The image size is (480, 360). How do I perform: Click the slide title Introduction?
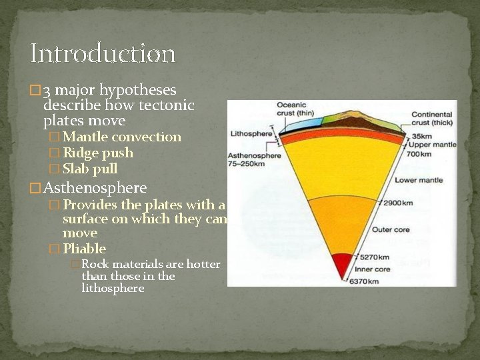[x=102, y=53]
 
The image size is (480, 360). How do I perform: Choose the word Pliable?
[x=84, y=249]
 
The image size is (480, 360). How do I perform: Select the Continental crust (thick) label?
[x=431, y=118]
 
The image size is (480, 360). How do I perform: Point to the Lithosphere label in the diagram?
[x=251, y=134]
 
